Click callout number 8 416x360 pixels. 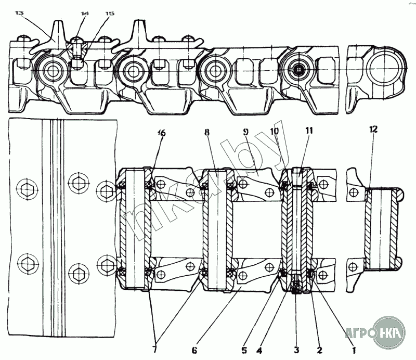pyautogui.click(x=207, y=133)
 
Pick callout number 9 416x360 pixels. pyautogui.click(x=246, y=133)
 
